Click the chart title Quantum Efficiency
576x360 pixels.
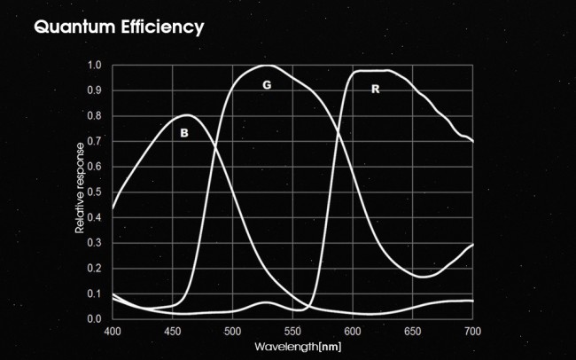pos(119,27)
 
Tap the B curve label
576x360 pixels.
pos(184,133)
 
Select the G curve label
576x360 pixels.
pos(267,85)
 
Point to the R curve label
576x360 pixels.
pos(375,90)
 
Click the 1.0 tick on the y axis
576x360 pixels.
pos(95,66)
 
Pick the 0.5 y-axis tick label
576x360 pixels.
pos(95,192)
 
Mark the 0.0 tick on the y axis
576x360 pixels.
pos(95,318)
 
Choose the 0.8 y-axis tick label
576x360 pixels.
pos(95,116)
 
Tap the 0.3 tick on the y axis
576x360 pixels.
pos(95,242)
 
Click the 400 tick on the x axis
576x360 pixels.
pos(113,331)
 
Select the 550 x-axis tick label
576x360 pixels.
pos(292,331)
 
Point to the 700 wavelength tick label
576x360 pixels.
pos(472,331)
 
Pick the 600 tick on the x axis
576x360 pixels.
pos(353,331)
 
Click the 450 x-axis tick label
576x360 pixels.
pos(173,331)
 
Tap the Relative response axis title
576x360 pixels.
pos(80,187)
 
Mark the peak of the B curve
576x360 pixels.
pos(187,115)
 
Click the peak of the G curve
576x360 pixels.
pos(267,66)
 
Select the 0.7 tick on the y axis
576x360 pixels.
pos(95,141)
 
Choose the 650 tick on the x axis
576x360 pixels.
pos(413,331)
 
